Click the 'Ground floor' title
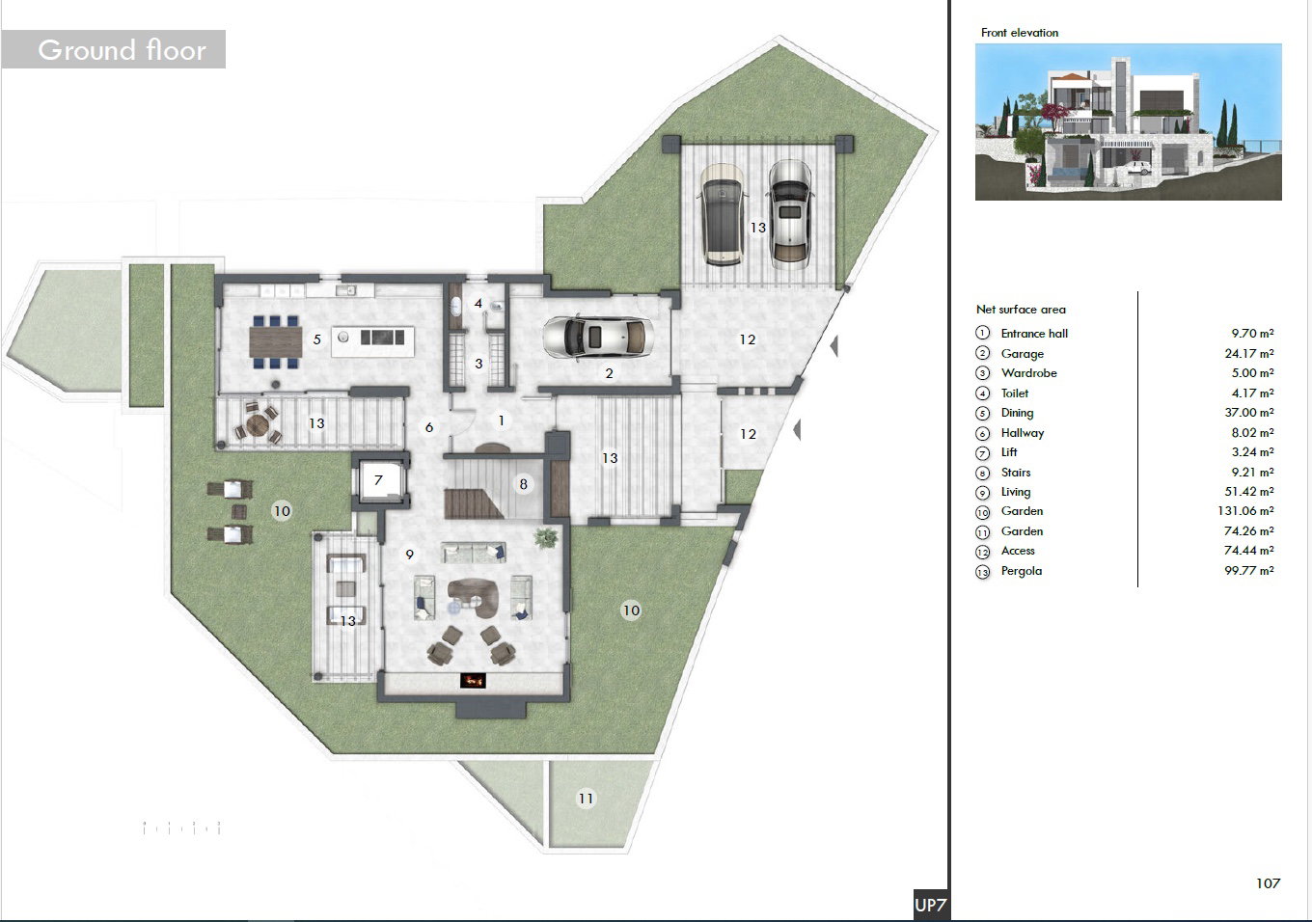[x=122, y=50]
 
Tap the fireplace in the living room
[x=473, y=680]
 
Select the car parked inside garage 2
[x=598, y=338]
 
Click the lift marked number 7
[x=379, y=480]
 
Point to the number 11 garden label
[x=586, y=799]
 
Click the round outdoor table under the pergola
[x=257, y=423]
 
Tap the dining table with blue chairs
[x=275, y=341]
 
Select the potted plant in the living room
[x=546, y=537]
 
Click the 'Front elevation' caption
[x=1020, y=33]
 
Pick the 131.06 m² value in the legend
[x=1245, y=511]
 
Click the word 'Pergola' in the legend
[x=1022, y=571]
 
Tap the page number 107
[x=1268, y=883]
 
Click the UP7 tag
[x=930, y=906]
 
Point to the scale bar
[x=181, y=827]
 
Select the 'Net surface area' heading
[x=1021, y=310]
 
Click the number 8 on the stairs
[x=524, y=484]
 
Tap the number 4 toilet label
[x=478, y=303]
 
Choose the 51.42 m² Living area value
[x=1248, y=492]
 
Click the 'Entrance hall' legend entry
[x=1034, y=334]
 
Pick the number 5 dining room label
[x=316, y=339]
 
